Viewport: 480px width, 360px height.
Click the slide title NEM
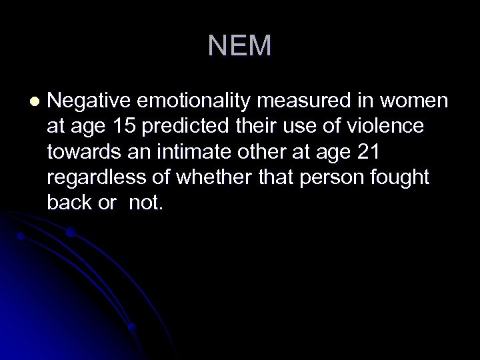click(239, 46)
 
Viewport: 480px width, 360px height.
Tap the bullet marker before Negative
click(35, 102)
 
